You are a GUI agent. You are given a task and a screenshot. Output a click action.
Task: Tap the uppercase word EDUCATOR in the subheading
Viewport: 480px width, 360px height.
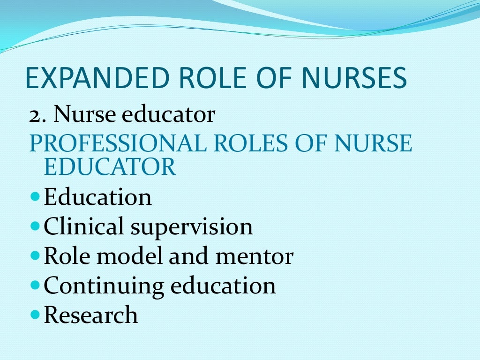[110, 167]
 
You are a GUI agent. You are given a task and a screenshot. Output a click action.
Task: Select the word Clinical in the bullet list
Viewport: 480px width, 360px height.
[84, 227]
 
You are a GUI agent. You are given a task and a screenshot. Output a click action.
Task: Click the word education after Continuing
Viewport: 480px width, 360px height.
[223, 286]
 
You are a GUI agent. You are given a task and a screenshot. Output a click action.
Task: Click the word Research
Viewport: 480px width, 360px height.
[91, 315]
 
